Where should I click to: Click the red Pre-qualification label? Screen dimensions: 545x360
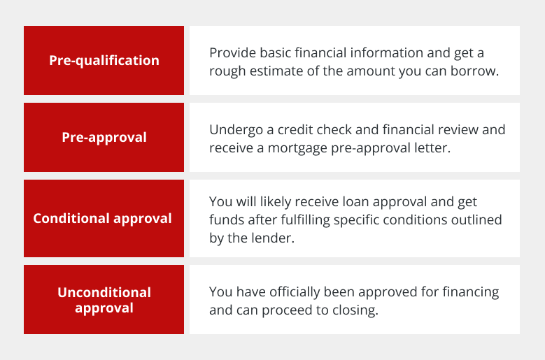[104, 60]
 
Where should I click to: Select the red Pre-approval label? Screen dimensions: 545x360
[104, 138]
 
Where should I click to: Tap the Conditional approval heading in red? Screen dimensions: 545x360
[102, 219]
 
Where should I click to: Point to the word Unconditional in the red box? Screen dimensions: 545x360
[104, 292]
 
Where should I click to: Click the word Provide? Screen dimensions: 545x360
[232, 53]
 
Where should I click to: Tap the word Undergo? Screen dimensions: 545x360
[236, 130]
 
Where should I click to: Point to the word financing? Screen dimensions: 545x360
[471, 292]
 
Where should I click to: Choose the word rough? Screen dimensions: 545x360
[227, 71]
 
